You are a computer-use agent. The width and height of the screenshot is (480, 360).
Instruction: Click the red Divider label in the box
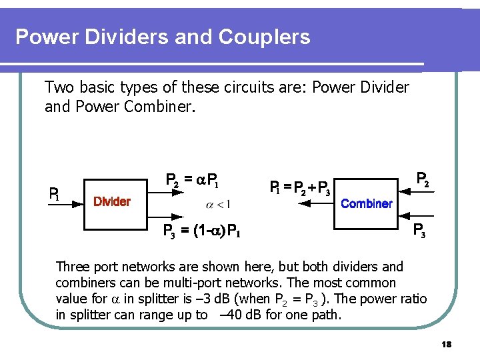click(x=111, y=201)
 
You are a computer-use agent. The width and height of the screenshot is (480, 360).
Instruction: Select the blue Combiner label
click(x=366, y=203)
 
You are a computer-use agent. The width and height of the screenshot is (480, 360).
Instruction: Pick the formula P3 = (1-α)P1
click(x=202, y=231)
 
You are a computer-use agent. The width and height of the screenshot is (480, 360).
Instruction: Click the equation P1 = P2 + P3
click(x=300, y=188)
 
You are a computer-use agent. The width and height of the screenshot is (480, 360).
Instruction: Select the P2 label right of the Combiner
click(x=422, y=179)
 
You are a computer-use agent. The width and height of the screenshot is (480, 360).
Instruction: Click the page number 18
click(x=447, y=344)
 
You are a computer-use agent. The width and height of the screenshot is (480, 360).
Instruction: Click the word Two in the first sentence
click(x=57, y=87)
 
